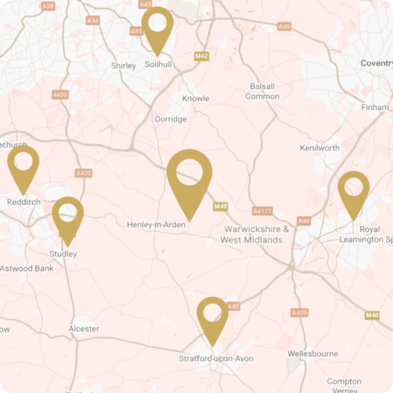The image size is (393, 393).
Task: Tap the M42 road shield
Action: [202, 56]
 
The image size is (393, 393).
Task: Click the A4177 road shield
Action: [262, 211]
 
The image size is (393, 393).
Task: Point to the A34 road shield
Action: [92, 20]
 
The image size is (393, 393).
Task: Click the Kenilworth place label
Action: [319, 148]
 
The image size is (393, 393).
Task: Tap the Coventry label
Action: [376, 63]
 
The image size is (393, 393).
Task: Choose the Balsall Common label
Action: [263, 91]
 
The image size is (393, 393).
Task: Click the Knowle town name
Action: [196, 98]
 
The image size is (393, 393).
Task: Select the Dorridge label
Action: [171, 119]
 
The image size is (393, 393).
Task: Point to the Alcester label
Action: [84, 329]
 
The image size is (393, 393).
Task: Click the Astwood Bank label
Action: [27, 269]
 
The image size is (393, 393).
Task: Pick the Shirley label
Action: [124, 65]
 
